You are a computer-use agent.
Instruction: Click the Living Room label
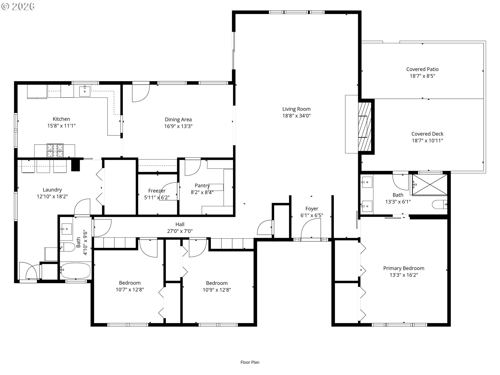[x=296, y=109]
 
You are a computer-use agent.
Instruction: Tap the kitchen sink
[x=85, y=91]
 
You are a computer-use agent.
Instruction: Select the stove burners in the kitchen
[x=55, y=151]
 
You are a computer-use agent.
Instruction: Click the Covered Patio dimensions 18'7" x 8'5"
[x=422, y=76]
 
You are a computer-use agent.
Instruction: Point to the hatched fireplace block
[x=365, y=126]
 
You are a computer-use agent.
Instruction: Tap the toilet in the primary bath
[x=440, y=204]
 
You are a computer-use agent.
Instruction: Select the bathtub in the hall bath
[x=76, y=271]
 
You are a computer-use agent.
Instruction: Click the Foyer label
[x=312, y=209]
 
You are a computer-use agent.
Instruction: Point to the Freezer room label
[x=157, y=191]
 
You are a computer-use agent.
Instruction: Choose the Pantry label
[x=202, y=186]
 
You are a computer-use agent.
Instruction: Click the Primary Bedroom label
[x=404, y=268]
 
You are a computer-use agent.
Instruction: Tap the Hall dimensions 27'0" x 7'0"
[x=180, y=231]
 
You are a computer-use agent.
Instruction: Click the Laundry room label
[x=52, y=190]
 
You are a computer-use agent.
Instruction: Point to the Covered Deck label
[x=427, y=134]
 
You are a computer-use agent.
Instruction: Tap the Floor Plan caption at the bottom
[x=250, y=362]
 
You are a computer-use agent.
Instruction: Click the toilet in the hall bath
[x=68, y=247]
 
